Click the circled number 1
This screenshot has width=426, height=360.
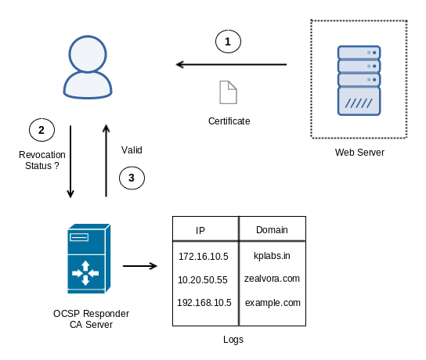pos(228,41)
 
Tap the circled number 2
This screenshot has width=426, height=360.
pos(42,130)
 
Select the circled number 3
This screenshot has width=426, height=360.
pos(132,178)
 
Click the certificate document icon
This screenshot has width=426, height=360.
pos(228,92)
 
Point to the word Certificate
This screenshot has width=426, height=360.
pos(229,121)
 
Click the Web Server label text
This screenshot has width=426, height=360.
pos(359,153)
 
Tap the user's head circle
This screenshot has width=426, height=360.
pos(88,54)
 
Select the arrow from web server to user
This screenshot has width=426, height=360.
pos(231,65)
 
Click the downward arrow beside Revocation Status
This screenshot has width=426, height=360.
pos(70,161)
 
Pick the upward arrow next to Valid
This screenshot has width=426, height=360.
pos(106,160)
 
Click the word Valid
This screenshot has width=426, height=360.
pos(132,149)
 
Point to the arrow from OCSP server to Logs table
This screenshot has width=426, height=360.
pos(140,266)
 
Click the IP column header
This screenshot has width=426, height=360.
pos(200,231)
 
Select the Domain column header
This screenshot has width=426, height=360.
pos(272,230)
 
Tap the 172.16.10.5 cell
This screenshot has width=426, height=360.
pos(204,257)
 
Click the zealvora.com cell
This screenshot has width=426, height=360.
pos(272,279)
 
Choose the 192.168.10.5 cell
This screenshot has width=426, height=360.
pos(204,302)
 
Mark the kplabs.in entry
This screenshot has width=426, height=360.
pos(272,256)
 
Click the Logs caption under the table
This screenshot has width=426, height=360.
pos(233,340)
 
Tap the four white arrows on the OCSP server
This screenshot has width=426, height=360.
pos(85,273)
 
